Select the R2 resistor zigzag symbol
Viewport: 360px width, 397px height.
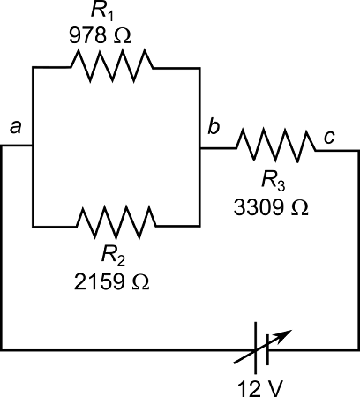[116, 217]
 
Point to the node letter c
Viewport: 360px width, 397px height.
[328, 137]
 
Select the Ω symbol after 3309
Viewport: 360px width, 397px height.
[300, 208]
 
